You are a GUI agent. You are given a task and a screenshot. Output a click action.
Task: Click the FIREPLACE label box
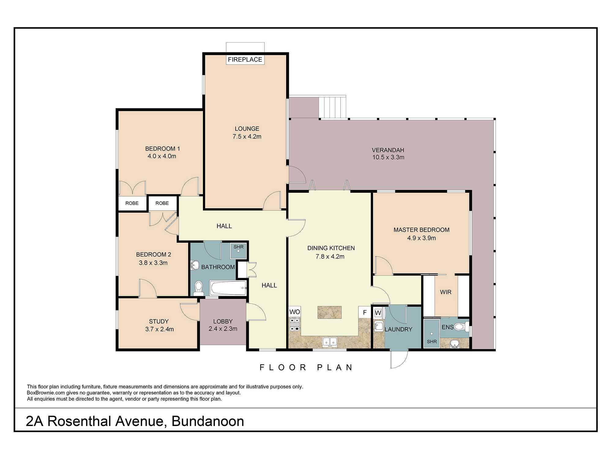pyautogui.click(x=245, y=59)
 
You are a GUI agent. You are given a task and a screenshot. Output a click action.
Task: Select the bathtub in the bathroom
pyautogui.click(x=228, y=288)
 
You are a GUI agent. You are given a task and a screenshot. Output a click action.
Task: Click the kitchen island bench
pyautogui.click(x=329, y=312)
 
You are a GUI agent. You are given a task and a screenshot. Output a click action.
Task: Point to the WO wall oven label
pyautogui.click(x=295, y=312)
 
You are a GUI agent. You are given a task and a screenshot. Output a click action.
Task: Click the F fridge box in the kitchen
pyautogui.click(x=364, y=312)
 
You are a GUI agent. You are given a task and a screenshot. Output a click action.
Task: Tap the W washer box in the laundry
pyautogui.click(x=378, y=313)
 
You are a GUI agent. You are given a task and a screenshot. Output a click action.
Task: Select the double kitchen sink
pyautogui.click(x=330, y=342)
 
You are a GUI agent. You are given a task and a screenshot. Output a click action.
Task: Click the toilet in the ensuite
pyautogui.click(x=460, y=327)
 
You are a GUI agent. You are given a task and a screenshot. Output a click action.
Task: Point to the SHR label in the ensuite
pyautogui.click(x=432, y=341)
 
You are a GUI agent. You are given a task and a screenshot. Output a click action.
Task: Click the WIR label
pyautogui.click(x=446, y=292)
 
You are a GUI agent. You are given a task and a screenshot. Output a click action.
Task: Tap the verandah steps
pyautogui.click(x=332, y=107)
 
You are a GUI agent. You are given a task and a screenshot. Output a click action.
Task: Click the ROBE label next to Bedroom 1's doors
pyautogui.click(x=132, y=203)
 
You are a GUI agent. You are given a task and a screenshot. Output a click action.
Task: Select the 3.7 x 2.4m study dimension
pyautogui.click(x=159, y=329)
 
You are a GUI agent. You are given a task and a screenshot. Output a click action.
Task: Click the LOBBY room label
pyautogui.click(x=223, y=321)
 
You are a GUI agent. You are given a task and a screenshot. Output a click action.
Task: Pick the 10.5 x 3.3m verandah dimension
pyautogui.click(x=388, y=157)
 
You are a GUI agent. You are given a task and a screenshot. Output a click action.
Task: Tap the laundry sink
pyautogui.click(x=379, y=326)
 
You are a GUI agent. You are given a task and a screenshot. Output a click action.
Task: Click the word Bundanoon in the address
pyautogui.click(x=208, y=421)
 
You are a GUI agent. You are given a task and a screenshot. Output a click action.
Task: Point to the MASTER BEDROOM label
pyautogui.click(x=421, y=230)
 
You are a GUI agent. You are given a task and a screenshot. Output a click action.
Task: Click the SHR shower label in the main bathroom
pyautogui.click(x=238, y=247)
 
